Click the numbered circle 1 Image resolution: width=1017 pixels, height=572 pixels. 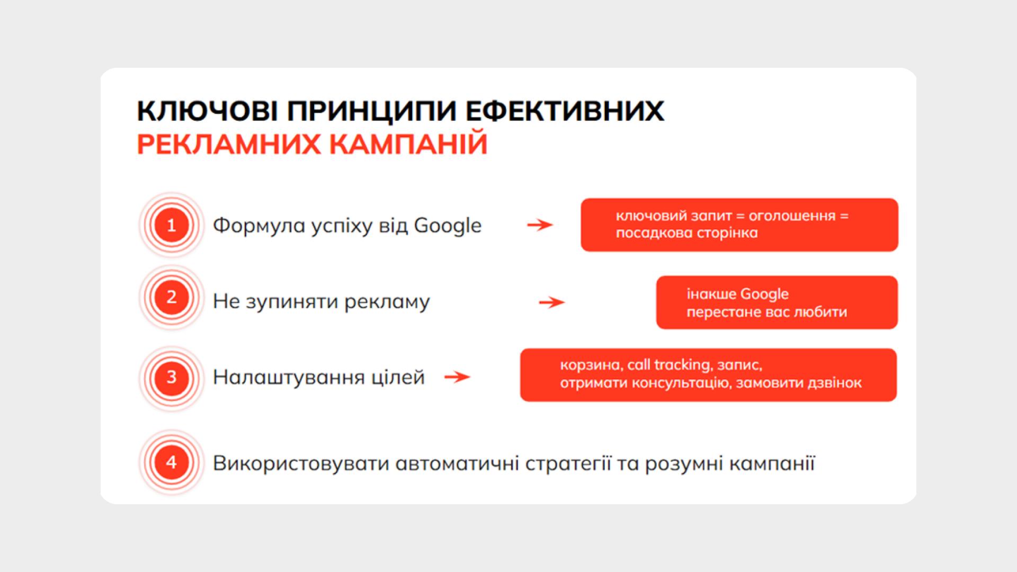pos(171,225)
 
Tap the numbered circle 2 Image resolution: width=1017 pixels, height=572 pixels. pos(171,297)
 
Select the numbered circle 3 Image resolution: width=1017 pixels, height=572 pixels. pos(171,378)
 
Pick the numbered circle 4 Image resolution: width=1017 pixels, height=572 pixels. pos(171,462)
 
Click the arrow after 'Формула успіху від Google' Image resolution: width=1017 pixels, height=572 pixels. pos(540,225)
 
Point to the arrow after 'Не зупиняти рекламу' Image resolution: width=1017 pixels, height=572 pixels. pos(552,302)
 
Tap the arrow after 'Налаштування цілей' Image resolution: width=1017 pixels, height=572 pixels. pos(457,377)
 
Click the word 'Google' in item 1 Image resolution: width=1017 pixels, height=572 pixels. pos(448,226)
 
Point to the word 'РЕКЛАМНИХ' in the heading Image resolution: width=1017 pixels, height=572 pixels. pos(229,144)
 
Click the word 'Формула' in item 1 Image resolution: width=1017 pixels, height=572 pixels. pos(251,226)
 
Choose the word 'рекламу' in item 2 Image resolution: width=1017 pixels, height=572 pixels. pos(387,302)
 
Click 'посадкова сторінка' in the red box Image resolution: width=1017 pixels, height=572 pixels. pos(686,233)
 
